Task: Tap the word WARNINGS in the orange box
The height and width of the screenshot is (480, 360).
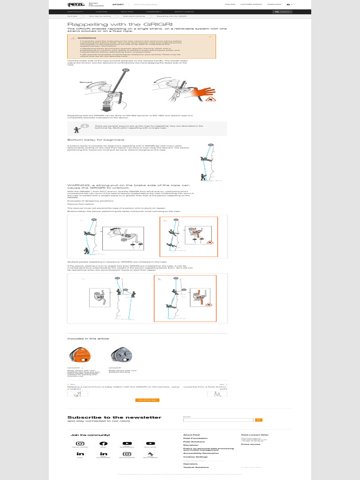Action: (x=87, y=37)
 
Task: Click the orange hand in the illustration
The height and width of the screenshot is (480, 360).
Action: (x=205, y=91)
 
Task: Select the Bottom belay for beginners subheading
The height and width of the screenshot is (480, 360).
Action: (x=96, y=140)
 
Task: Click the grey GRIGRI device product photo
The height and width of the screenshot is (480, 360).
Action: (x=120, y=356)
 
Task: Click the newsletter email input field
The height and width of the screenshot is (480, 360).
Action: (x=218, y=420)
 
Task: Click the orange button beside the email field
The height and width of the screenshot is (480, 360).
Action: (x=258, y=420)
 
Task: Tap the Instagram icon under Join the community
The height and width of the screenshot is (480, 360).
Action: (x=80, y=443)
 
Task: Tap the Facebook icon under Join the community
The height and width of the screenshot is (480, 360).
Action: (x=104, y=443)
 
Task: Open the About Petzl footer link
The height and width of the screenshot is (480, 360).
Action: (x=191, y=435)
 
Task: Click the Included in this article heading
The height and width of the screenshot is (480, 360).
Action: (x=88, y=338)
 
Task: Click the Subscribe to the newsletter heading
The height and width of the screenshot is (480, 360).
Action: (x=114, y=417)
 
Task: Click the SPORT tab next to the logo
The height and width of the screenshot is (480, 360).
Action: (x=118, y=4)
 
